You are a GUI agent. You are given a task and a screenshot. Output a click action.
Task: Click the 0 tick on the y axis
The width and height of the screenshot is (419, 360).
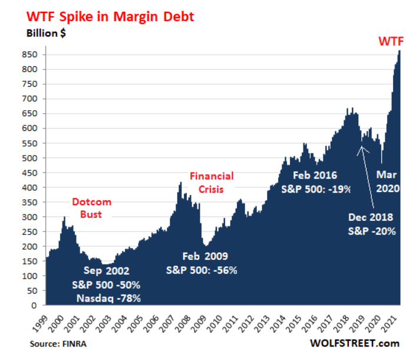coord(36,306)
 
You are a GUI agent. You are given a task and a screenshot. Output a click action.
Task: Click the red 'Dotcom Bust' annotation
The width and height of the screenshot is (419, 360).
coord(91,208)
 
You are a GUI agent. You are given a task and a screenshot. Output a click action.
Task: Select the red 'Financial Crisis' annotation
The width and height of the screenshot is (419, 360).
coord(211,181)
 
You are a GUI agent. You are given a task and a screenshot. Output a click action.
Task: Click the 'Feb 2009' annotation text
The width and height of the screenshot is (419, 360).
coord(203,257)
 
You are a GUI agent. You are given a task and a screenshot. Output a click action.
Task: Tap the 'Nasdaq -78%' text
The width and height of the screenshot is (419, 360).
coord(108,299)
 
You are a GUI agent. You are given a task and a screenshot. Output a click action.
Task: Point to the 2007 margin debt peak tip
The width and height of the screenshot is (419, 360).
coord(180,183)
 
